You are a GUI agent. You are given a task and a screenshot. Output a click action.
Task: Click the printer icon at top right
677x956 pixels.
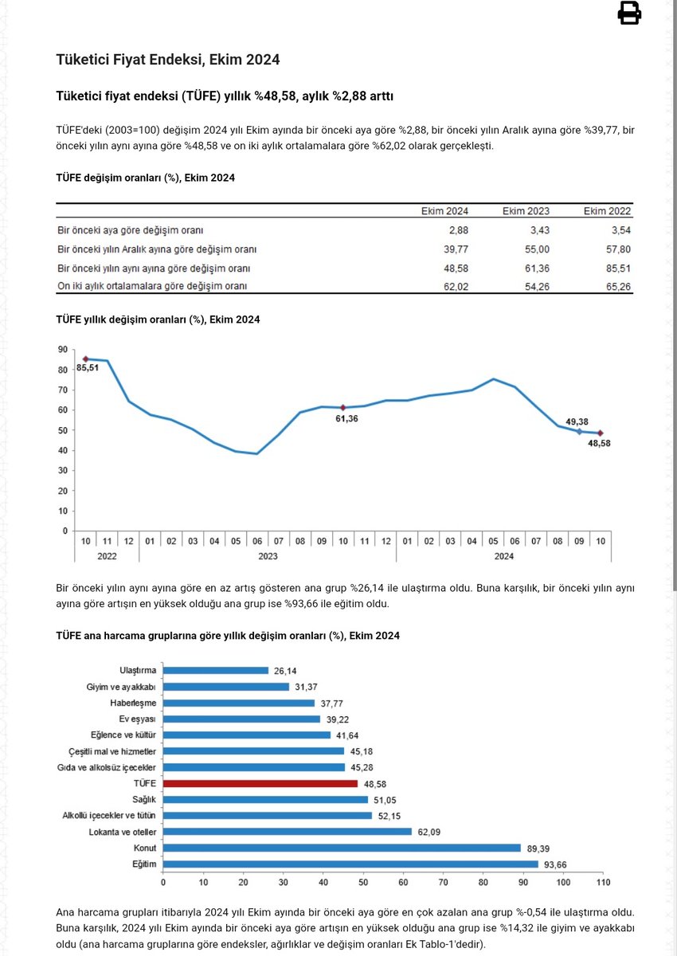pyautogui.click(x=629, y=14)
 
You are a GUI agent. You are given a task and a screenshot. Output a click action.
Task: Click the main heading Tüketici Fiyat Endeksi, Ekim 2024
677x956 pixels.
pyautogui.click(x=167, y=60)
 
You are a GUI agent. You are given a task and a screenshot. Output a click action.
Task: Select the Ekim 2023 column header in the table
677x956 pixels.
pyautogui.click(x=526, y=211)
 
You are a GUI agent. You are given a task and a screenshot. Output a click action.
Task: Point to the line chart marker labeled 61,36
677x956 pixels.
pyautogui.click(x=343, y=407)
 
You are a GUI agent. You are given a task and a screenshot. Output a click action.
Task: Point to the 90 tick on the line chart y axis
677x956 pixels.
pyautogui.click(x=61, y=350)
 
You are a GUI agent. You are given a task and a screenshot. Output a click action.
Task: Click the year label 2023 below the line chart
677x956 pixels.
pyautogui.click(x=268, y=557)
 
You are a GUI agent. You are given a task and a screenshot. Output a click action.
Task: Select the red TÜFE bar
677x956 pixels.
pyautogui.click(x=260, y=784)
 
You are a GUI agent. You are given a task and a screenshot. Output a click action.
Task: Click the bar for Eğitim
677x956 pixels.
pyautogui.click(x=350, y=864)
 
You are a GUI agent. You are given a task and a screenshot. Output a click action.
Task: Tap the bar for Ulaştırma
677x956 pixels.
pyautogui.click(x=215, y=671)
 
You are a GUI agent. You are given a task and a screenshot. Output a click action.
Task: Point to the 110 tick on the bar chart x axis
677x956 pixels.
pyautogui.click(x=604, y=883)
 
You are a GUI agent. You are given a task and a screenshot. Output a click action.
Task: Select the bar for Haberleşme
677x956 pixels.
pyautogui.click(x=239, y=703)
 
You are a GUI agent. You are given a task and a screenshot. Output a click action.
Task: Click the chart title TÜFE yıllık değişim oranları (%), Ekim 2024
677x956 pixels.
pyautogui.click(x=158, y=319)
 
